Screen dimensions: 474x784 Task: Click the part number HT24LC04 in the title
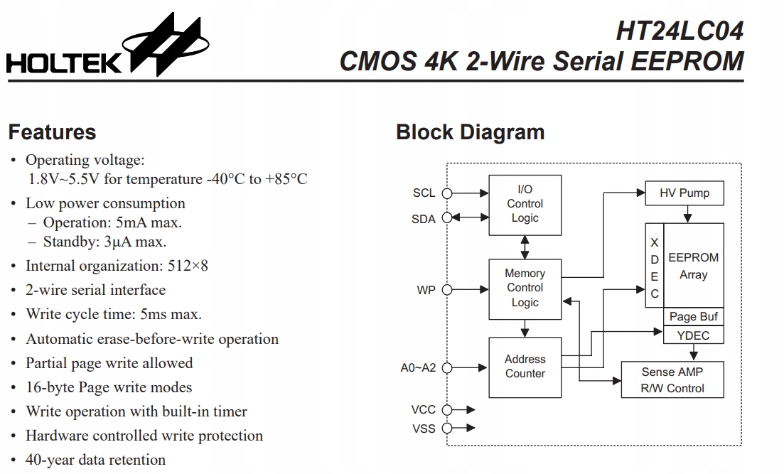(x=679, y=31)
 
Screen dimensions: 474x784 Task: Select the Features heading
(x=52, y=132)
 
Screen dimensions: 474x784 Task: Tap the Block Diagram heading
(x=470, y=132)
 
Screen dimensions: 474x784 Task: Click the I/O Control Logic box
(x=525, y=205)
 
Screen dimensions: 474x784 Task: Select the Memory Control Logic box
(x=525, y=288)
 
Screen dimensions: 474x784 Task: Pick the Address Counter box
(x=525, y=367)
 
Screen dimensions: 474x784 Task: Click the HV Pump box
(x=684, y=193)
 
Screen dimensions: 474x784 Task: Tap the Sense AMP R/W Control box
(x=672, y=380)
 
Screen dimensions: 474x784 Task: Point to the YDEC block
(x=693, y=335)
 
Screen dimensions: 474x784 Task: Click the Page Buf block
(x=693, y=317)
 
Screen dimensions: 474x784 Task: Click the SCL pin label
(x=424, y=193)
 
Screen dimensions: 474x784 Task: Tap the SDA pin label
(x=424, y=219)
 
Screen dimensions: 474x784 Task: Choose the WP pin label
(x=426, y=290)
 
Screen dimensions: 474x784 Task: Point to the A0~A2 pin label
(x=418, y=368)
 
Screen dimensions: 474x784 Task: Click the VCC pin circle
(x=447, y=410)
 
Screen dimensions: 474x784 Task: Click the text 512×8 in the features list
(x=187, y=266)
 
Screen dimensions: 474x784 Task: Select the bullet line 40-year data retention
(x=95, y=460)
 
